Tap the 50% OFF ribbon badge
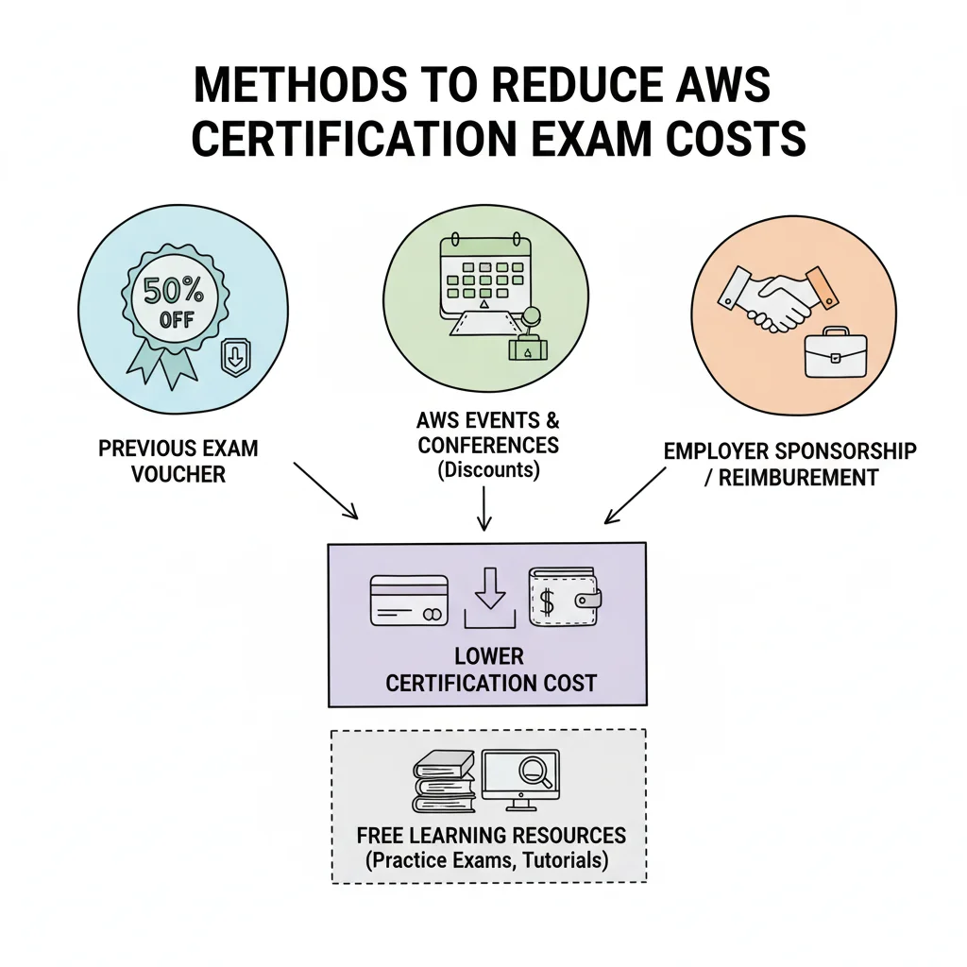[174, 312]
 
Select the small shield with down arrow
[235, 357]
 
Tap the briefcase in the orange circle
[836, 353]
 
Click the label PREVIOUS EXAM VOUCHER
[178, 461]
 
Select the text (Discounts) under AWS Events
[488, 470]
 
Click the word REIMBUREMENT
[798, 477]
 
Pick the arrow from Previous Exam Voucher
[326, 491]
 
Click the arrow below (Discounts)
[484, 508]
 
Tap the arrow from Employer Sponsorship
[636, 495]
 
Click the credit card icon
[409, 601]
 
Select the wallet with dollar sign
[565, 597]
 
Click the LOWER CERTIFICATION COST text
[490, 670]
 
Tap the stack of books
[445, 781]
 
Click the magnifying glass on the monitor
[534, 772]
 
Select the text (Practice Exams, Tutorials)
[486, 860]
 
